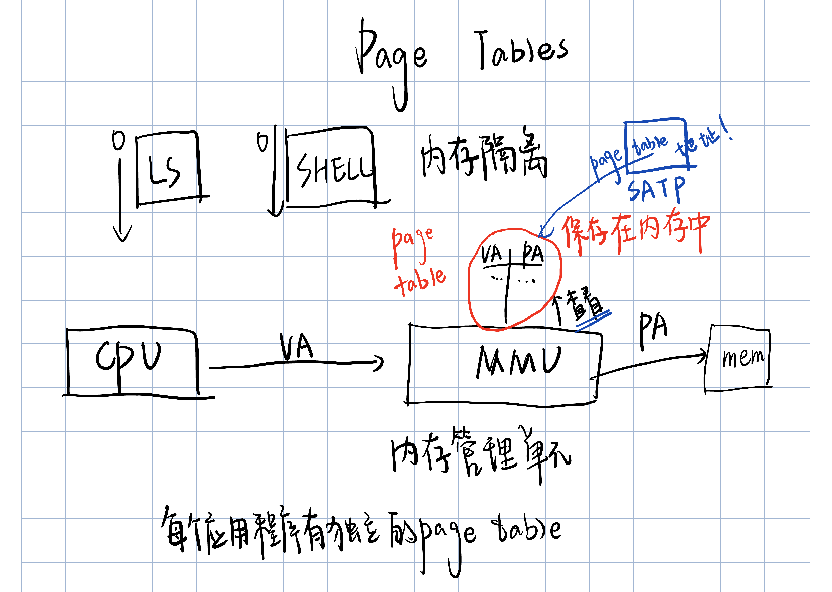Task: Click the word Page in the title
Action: tap(392, 58)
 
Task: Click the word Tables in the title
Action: tap(523, 51)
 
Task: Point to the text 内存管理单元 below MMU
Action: tap(481, 454)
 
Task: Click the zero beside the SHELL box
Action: tap(262, 142)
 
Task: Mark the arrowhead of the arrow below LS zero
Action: tap(122, 235)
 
